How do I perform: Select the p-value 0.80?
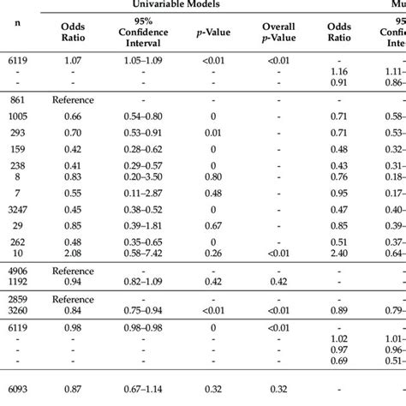coord(216,176)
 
